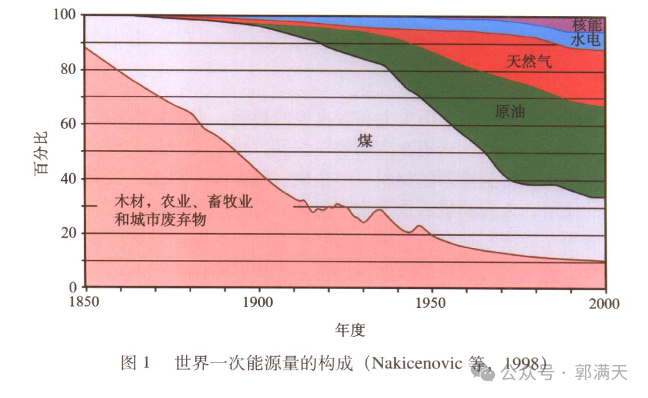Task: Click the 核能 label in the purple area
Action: (x=587, y=25)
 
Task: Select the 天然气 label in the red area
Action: (x=529, y=62)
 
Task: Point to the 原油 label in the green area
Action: (x=510, y=111)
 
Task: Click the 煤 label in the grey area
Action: (x=365, y=140)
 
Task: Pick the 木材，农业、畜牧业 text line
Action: (x=183, y=202)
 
